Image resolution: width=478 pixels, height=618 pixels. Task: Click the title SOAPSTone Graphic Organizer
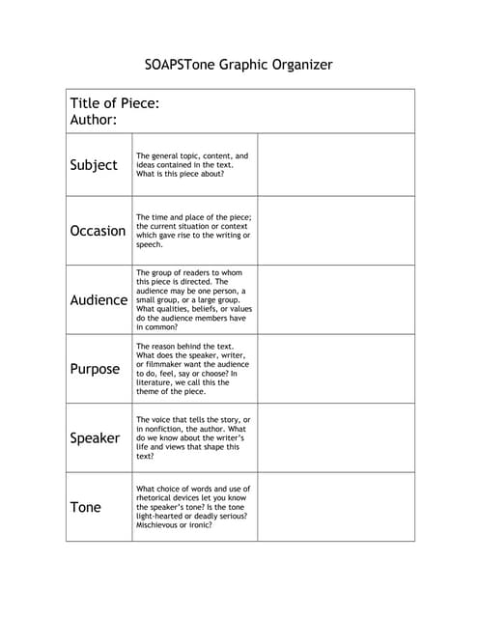tap(238, 65)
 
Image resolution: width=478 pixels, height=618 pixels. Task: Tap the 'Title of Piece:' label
tap(115, 103)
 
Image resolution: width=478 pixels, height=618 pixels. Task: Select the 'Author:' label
tap(94, 121)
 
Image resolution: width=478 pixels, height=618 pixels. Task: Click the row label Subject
tap(94, 165)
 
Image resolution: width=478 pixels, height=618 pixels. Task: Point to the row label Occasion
tap(98, 231)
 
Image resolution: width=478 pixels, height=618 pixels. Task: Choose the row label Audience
tap(98, 300)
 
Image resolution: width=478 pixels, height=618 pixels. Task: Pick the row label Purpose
tap(95, 369)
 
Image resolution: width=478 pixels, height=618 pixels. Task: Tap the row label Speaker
tap(95, 438)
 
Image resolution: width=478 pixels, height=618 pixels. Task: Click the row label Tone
tap(85, 507)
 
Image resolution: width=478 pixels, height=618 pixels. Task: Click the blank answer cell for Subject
tap(336, 165)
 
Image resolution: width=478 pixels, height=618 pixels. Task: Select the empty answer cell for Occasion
tap(336, 231)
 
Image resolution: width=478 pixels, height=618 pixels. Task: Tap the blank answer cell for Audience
tap(336, 300)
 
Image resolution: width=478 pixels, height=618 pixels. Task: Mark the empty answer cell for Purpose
tap(336, 369)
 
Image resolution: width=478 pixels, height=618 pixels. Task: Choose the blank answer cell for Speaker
tap(336, 438)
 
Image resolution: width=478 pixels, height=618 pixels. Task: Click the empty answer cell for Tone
tap(336, 507)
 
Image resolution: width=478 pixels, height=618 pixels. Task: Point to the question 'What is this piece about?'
tap(181, 175)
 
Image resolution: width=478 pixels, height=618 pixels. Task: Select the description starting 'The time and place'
tap(193, 231)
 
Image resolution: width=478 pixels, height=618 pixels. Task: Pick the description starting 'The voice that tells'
tap(193, 437)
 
